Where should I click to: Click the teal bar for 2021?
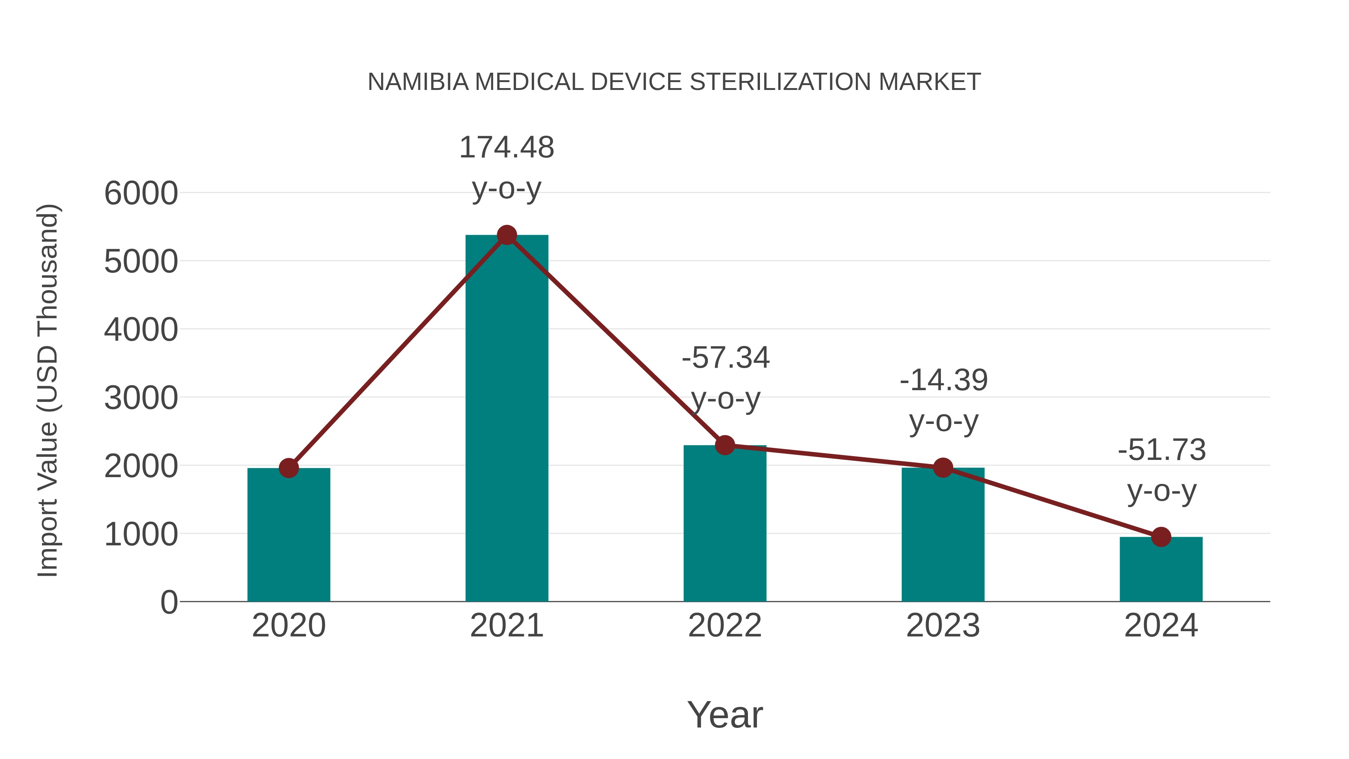point(506,419)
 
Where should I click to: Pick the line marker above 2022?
point(725,445)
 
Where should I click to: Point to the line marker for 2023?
point(943,468)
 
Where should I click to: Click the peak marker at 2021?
point(506,235)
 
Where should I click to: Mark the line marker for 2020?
point(289,468)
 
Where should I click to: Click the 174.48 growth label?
point(506,148)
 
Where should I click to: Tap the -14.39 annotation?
point(943,380)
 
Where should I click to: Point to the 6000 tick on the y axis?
point(141,193)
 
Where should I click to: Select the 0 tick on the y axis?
point(169,602)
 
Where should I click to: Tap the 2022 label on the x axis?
point(725,626)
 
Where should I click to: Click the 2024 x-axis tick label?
point(1161,626)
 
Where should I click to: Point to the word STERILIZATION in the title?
point(780,82)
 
